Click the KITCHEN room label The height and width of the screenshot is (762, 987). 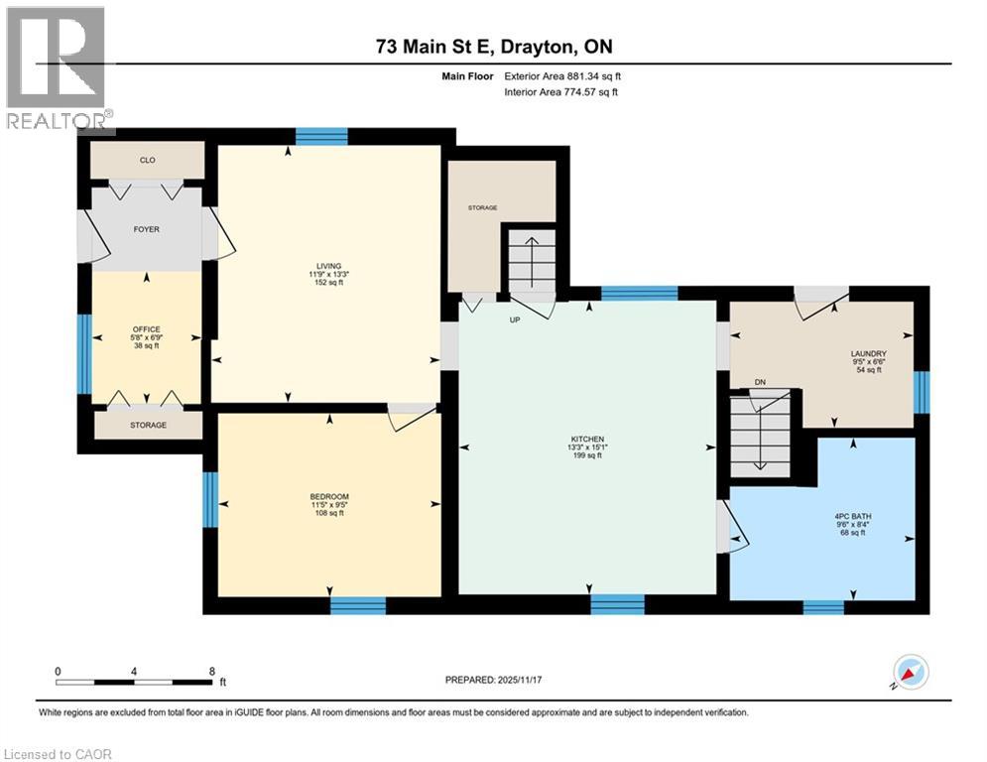coord(587,440)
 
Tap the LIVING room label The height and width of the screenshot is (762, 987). coord(328,266)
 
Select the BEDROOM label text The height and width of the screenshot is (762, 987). coord(328,497)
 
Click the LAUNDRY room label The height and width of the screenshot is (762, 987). coord(867,353)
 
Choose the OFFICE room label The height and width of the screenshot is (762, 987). coord(147,329)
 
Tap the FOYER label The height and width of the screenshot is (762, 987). coord(147,229)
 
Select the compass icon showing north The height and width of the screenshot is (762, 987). coord(910,673)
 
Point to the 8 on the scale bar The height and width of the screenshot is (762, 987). coord(211,671)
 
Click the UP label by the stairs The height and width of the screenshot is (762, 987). coord(515,319)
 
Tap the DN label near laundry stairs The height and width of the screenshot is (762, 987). coord(760,381)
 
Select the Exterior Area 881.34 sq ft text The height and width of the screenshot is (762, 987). coord(562,75)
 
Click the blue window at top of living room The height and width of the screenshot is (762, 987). coord(320,137)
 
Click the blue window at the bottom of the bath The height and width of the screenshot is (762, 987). coord(822,606)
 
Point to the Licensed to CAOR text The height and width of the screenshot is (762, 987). coord(59,754)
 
